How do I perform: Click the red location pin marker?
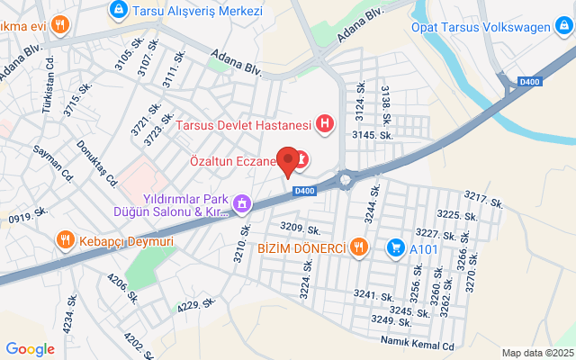(288, 160)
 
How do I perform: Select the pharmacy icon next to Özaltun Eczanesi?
(302, 160)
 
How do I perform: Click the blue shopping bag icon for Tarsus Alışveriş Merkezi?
(117, 10)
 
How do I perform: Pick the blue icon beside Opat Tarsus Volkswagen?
(561, 26)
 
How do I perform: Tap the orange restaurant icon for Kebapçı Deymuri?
(64, 240)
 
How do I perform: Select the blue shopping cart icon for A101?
(395, 247)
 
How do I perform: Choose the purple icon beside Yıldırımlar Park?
(241, 204)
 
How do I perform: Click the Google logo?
(30, 349)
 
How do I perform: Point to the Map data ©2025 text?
(538, 353)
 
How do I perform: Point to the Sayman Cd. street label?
(50, 160)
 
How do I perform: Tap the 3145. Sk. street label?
(373, 135)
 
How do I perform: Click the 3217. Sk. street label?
(484, 201)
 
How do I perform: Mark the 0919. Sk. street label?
(28, 214)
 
